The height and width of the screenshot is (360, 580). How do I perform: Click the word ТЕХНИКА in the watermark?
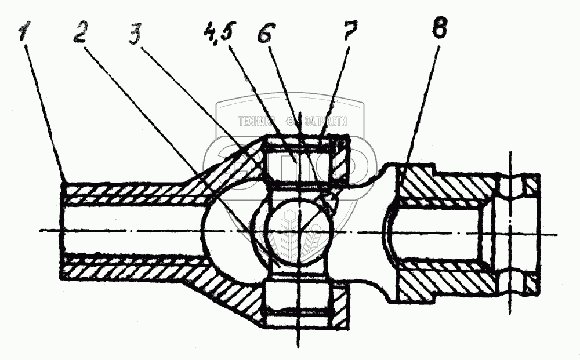(x=256, y=122)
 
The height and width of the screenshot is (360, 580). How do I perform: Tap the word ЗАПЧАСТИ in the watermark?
(x=325, y=122)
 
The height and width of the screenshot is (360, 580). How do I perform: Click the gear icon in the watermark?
(x=289, y=122)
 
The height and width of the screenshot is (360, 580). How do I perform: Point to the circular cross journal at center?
(x=296, y=232)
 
